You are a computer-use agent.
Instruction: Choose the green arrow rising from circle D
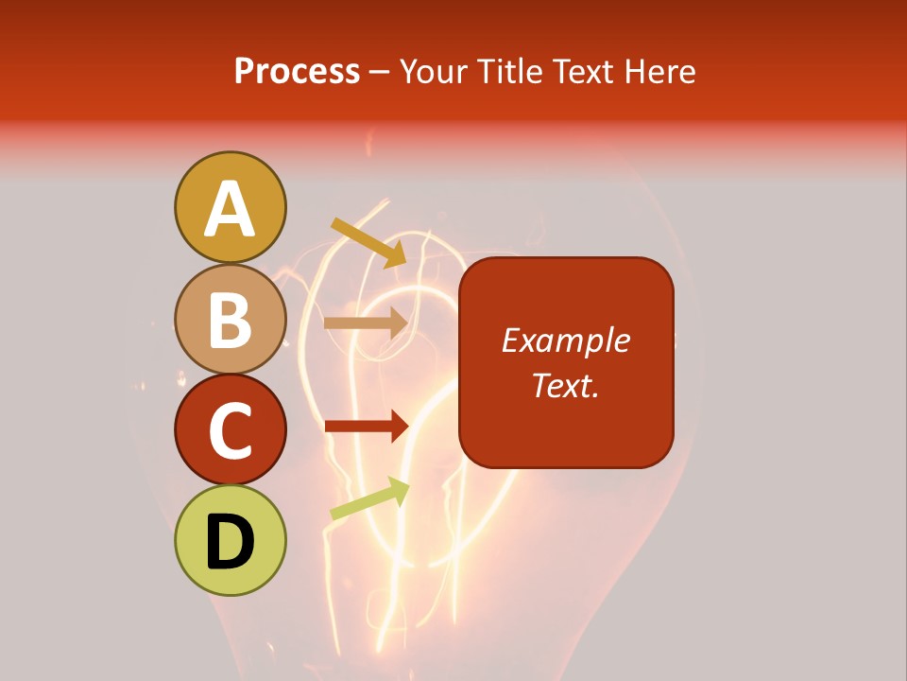pos(369,498)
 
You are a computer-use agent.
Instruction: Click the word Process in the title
pos(297,72)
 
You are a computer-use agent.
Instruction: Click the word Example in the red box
pos(566,340)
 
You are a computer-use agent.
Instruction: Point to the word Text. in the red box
pos(566,385)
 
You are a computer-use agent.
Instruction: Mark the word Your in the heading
pos(433,72)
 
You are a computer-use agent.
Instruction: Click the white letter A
pos(230,209)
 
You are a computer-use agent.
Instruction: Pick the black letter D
pos(230,542)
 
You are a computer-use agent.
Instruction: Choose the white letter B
pos(230,320)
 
